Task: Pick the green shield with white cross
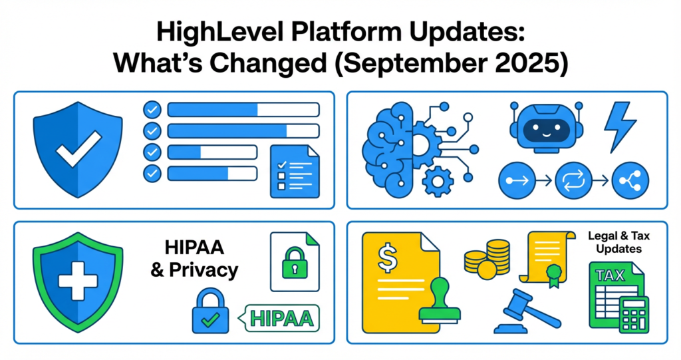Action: [78, 281]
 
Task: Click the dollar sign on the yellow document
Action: [388, 258]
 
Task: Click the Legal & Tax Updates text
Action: [614, 242]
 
